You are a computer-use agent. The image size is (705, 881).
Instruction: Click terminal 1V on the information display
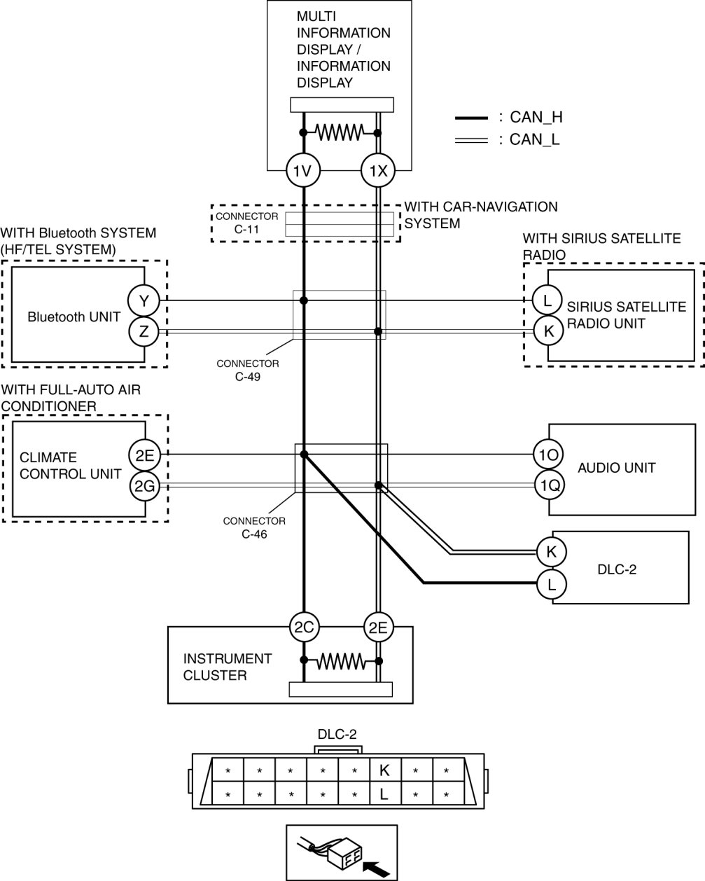pos(303,170)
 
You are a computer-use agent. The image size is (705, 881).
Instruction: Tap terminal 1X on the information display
pos(378,170)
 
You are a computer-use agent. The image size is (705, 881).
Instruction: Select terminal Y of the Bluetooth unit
pos(144,300)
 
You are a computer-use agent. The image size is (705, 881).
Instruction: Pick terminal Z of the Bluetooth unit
pos(144,331)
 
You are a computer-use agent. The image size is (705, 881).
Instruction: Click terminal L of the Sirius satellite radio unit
pos(547,300)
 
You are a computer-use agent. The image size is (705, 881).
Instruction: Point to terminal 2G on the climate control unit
pos(144,485)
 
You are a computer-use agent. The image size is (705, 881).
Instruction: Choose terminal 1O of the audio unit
pos(549,455)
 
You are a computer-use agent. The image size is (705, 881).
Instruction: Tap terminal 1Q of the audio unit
pos(550,485)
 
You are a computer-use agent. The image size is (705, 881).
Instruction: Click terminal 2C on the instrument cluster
pos(304,627)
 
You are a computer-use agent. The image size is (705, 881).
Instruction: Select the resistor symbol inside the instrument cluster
pos(341,661)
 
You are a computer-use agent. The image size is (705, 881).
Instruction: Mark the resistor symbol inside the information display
pos(340,132)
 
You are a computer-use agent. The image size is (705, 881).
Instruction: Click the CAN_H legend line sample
pos(471,118)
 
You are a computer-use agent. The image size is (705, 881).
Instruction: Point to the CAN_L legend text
pos(534,139)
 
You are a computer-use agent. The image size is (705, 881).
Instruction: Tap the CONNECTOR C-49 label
pos(248,370)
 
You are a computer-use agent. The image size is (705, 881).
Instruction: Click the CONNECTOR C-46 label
pos(254,527)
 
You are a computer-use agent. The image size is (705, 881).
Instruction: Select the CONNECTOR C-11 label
pos(246,223)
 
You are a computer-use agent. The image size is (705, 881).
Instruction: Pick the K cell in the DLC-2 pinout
pos(385,770)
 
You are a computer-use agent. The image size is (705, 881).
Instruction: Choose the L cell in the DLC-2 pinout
pos(385,793)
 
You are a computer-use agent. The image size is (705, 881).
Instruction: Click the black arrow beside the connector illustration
pos(376,867)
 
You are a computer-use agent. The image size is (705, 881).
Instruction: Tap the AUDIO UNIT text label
pos(616,468)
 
